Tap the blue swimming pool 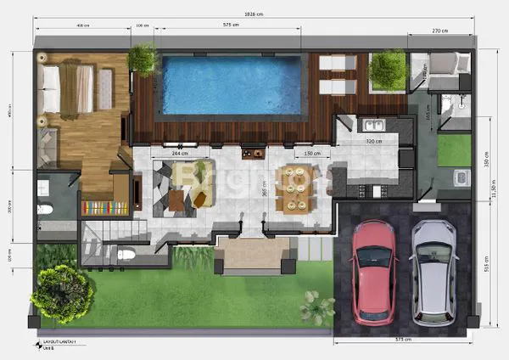click(232, 84)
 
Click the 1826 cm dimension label click(252, 14)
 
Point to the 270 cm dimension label click(439, 31)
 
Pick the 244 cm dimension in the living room click(180, 154)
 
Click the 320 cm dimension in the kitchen click(373, 142)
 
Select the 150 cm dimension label click(311, 154)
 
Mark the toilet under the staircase click(125, 252)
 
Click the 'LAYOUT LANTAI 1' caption click(60, 341)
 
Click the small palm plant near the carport click(316, 307)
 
